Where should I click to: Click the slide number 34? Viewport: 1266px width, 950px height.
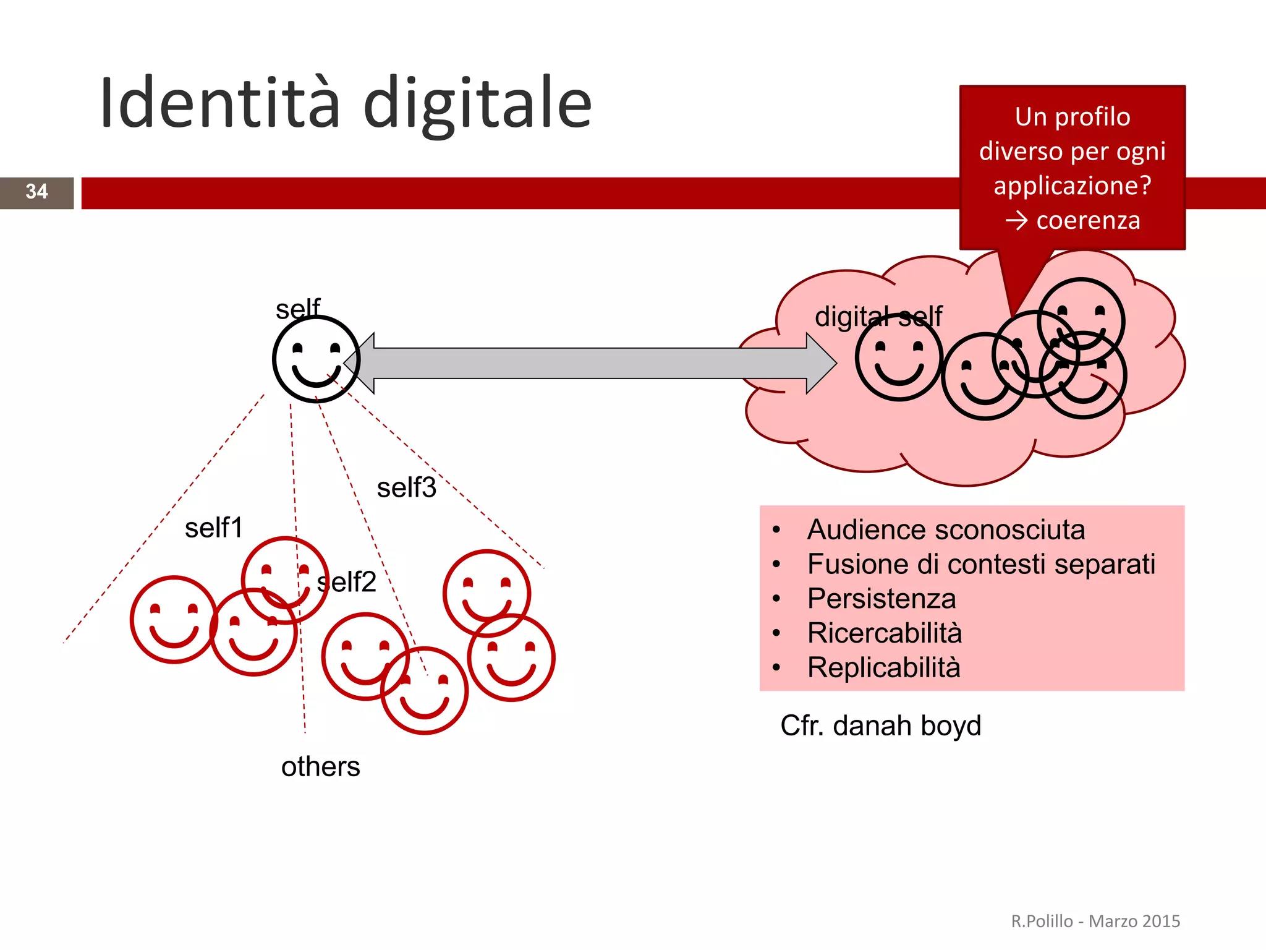(36, 192)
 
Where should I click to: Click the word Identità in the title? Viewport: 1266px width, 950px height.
(219, 103)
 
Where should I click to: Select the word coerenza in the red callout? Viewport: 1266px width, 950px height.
(1088, 221)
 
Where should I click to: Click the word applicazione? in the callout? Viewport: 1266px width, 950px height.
(1073, 186)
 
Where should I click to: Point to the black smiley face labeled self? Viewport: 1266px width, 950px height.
(316, 359)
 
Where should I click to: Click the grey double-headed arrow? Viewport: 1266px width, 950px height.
(590, 363)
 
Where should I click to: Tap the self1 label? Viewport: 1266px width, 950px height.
(214, 528)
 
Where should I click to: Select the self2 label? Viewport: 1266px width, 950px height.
(347, 582)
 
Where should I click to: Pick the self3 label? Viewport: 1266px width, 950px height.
(407, 488)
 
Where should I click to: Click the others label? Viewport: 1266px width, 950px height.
(320, 767)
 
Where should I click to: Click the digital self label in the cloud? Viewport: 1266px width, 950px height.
(878, 317)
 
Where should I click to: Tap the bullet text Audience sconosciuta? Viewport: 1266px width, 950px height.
(946, 530)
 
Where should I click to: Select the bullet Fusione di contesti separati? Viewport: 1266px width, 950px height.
(981, 564)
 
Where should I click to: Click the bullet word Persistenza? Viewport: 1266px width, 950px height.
(882, 599)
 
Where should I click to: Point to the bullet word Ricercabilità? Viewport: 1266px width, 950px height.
(885, 633)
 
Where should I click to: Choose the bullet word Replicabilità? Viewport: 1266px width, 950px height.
(884, 668)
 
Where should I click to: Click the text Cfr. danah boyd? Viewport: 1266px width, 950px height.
(880, 725)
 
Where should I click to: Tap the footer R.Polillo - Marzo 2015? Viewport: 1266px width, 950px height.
(1095, 922)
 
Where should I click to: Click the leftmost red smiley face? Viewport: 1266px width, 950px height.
(174, 620)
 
